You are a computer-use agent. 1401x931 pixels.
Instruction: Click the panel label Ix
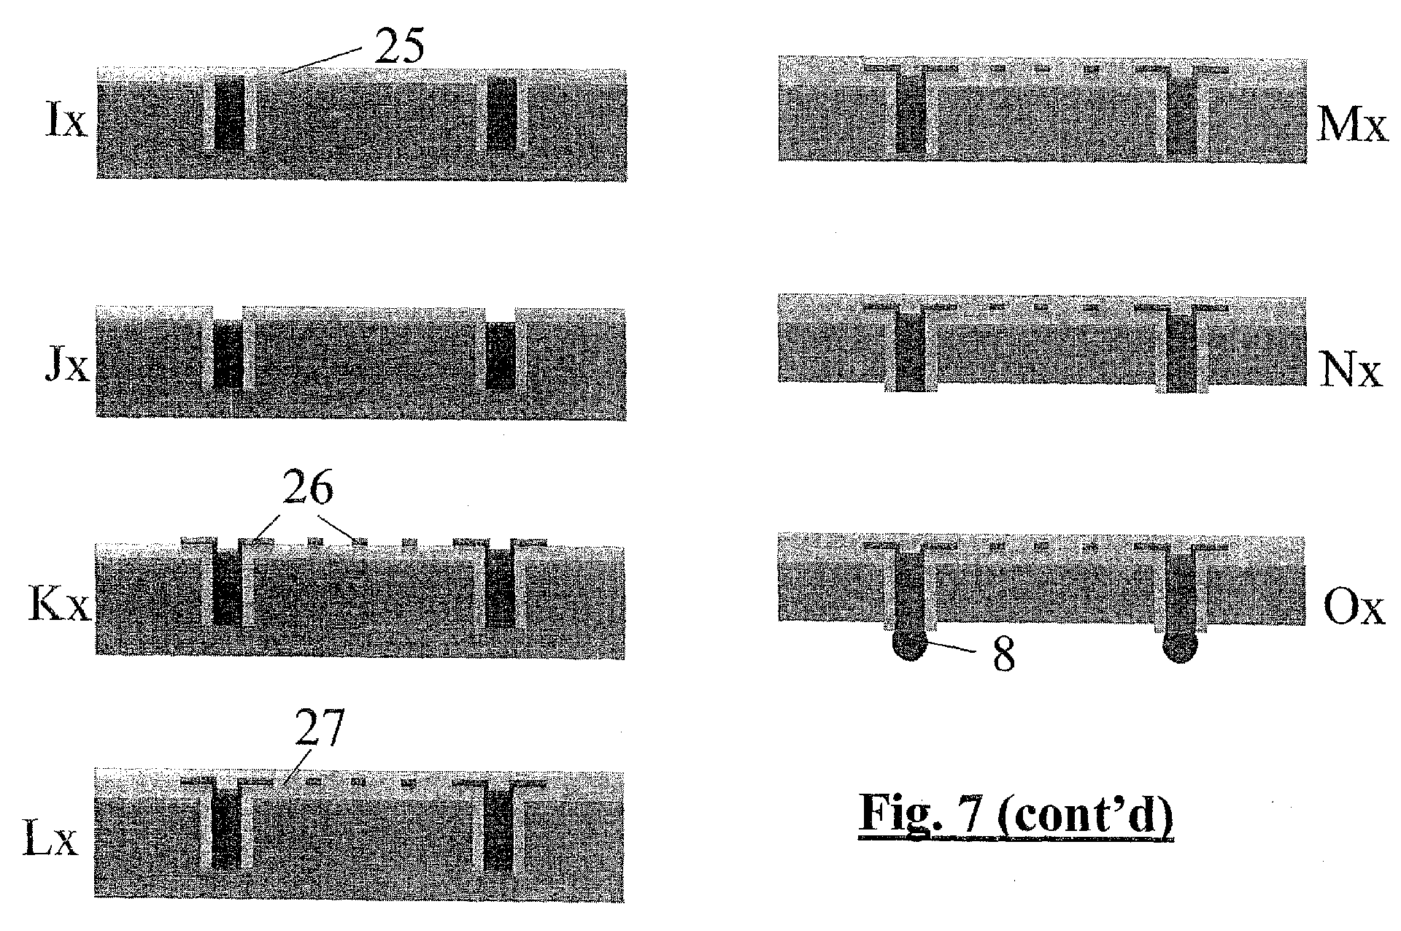pyautogui.click(x=66, y=123)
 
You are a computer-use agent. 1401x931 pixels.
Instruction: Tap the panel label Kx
pyautogui.click(x=59, y=605)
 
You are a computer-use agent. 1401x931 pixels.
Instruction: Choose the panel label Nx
pyautogui.click(x=1351, y=372)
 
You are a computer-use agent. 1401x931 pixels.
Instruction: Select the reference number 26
pyautogui.click(x=308, y=489)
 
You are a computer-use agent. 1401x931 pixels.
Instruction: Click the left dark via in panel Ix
pyautogui.click(x=229, y=114)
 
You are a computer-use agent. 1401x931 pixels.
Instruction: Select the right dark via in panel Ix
pyautogui.click(x=501, y=114)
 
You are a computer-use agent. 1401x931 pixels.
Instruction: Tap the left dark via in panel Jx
pyautogui.click(x=228, y=356)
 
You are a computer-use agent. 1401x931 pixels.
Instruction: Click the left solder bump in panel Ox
pyautogui.click(x=908, y=647)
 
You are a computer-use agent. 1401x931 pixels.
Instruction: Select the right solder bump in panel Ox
pyautogui.click(x=1180, y=647)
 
